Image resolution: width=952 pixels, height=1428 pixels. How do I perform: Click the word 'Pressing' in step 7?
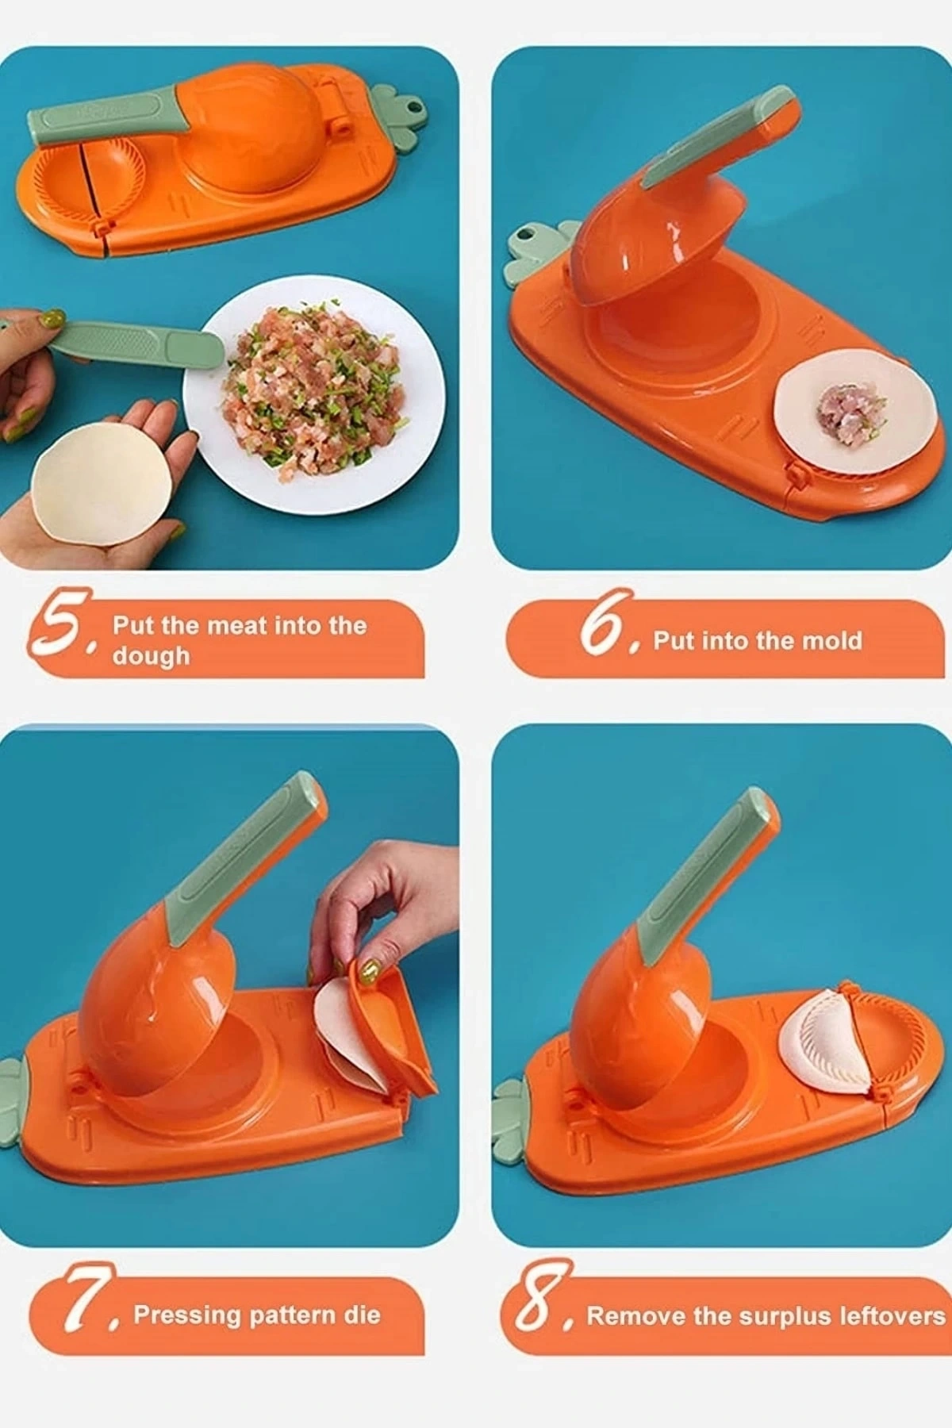(186, 1315)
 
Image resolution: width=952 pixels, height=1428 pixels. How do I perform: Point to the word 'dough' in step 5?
(151, 657)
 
